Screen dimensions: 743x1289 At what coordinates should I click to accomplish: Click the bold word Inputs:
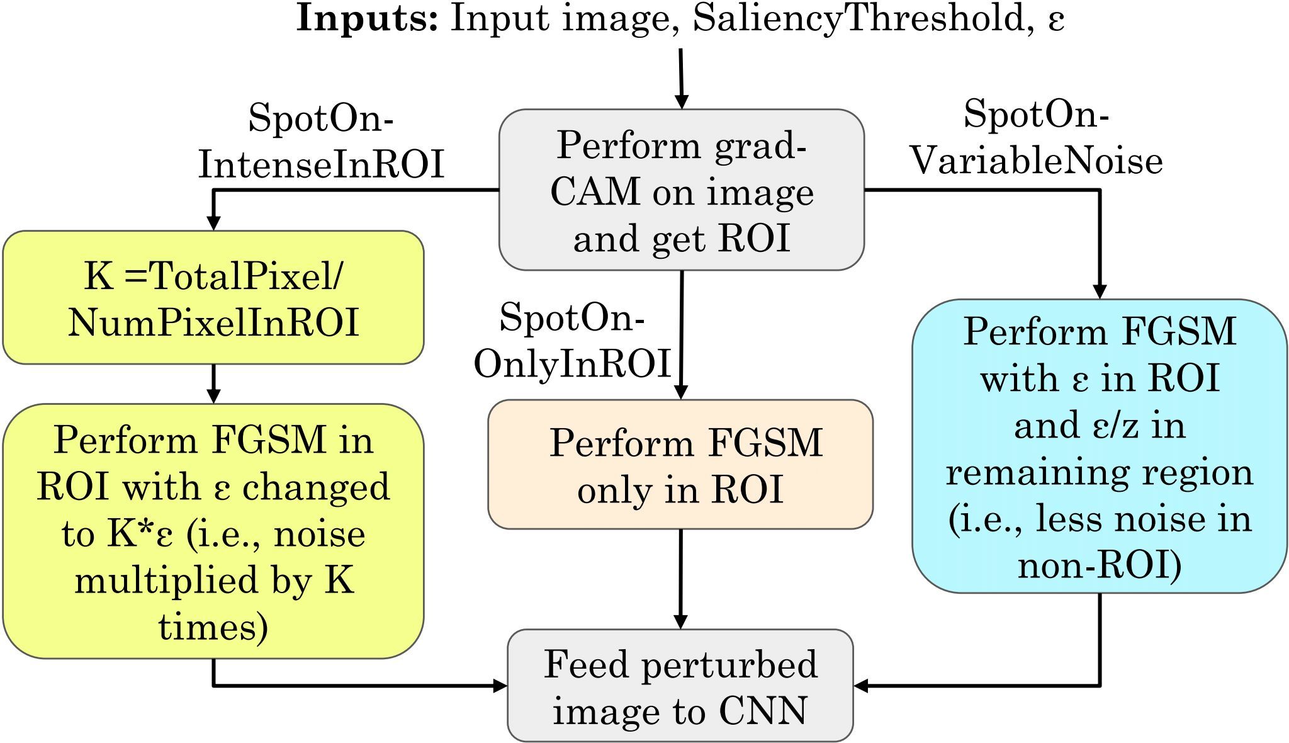(367, 19)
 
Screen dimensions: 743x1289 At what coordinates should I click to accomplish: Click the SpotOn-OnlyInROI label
(571, 341)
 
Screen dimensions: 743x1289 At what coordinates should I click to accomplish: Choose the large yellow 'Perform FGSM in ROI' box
(213, 532)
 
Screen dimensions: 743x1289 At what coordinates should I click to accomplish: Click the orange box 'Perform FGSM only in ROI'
(680, 465)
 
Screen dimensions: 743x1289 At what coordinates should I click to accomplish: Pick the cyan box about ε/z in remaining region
(1100, 446)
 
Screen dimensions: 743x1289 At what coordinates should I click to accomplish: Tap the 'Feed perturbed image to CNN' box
(680, 686)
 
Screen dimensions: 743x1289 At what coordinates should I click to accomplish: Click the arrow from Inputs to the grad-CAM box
(681, 79)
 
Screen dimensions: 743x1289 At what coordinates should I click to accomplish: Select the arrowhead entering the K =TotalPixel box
(214, 223)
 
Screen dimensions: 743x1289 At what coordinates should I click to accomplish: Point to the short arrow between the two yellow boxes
(213, 384)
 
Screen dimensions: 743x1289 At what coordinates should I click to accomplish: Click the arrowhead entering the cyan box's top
(1100, 292)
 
